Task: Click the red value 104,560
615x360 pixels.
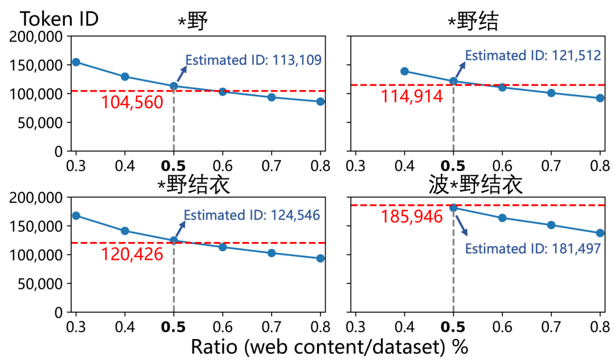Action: click(x=132, y=103)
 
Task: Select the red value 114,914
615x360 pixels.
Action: click(x=412, y=96)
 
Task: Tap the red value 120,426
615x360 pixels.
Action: click(x=132, y=254)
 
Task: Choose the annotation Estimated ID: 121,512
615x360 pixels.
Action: click(x=533, y=55)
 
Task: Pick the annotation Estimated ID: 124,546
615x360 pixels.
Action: click(x=251, y=215)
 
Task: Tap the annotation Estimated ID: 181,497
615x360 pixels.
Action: click(x=533, y=249)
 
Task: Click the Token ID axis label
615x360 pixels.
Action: click(x=59, y=18)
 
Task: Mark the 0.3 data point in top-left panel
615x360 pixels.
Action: click(x=76, y=62)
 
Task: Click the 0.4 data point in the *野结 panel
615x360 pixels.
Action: click(x=404, y=71)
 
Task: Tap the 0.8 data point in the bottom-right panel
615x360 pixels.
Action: click(x=600, y=233)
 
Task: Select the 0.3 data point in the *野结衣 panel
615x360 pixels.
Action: click(x=76, y=215)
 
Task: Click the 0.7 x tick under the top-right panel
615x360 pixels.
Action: click(x=551, y=167)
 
